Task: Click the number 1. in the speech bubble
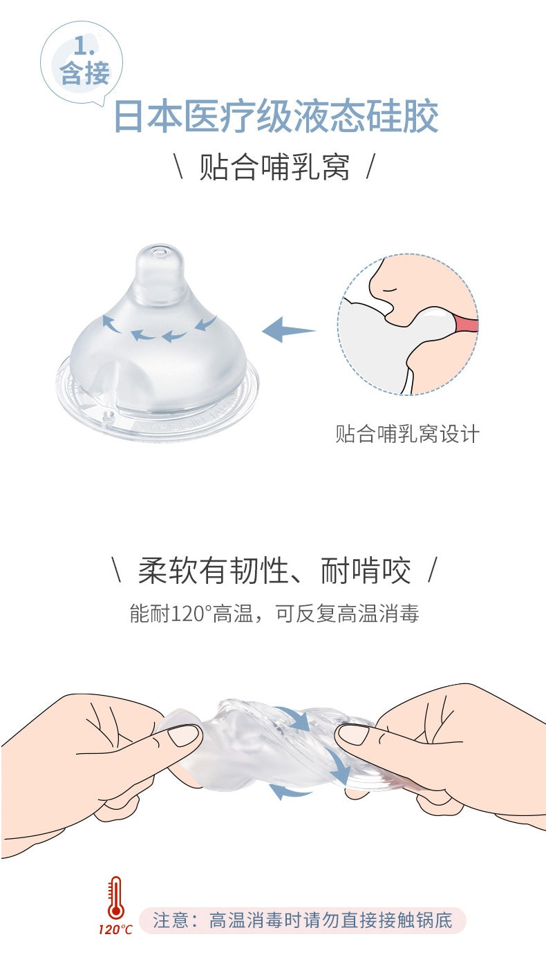point(84,46)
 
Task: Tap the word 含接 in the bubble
point(84,73)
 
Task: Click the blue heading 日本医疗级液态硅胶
point(276,117)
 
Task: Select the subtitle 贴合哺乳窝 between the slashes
point(274,167)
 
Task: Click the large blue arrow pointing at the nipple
point(288,330)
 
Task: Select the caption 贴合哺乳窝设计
point(407,434)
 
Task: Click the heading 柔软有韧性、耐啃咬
point(274,570)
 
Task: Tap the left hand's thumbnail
point(184,735)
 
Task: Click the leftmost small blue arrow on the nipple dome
point(111,323)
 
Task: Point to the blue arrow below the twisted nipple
point(290,790)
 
